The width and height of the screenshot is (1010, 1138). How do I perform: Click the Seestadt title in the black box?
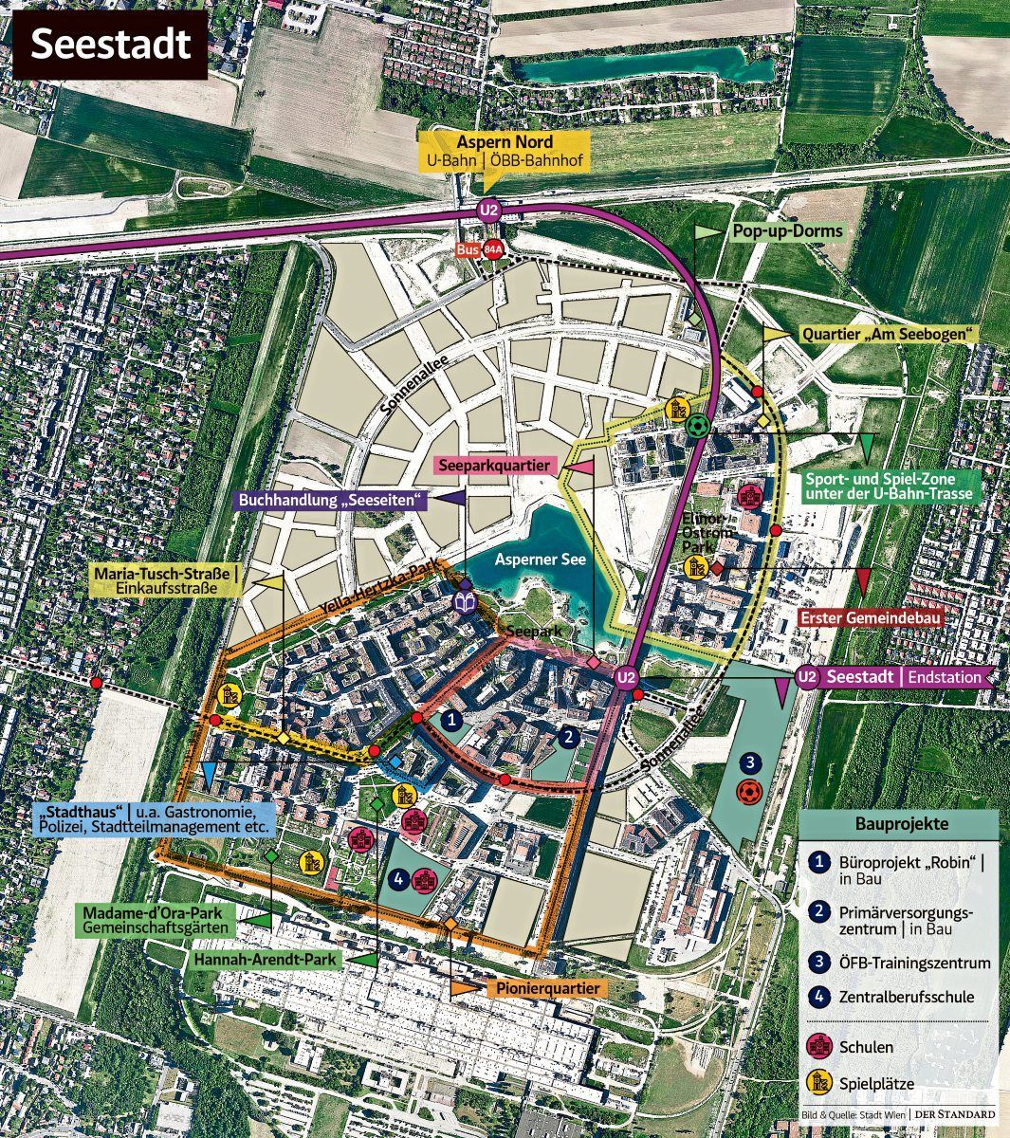110,45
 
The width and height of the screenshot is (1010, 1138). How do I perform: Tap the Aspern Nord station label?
505,151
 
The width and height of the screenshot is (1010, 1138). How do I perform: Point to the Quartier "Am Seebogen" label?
890,335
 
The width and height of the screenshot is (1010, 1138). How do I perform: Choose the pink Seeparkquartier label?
494,466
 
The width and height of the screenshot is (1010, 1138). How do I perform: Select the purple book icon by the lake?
465,603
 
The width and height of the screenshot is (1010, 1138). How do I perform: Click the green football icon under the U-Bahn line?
697,427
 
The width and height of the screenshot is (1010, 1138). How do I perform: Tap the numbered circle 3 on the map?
748,762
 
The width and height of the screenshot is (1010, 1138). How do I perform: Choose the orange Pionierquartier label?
548,988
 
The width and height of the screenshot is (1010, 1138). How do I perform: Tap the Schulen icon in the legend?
817,1047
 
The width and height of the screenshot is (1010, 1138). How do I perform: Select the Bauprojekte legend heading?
901,824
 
